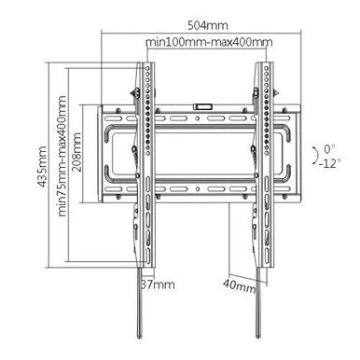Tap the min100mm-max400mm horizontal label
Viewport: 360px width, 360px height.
pos(209,44)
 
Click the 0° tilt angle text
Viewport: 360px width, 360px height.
pos(327,146)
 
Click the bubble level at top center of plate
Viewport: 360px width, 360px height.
pos(201,107)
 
